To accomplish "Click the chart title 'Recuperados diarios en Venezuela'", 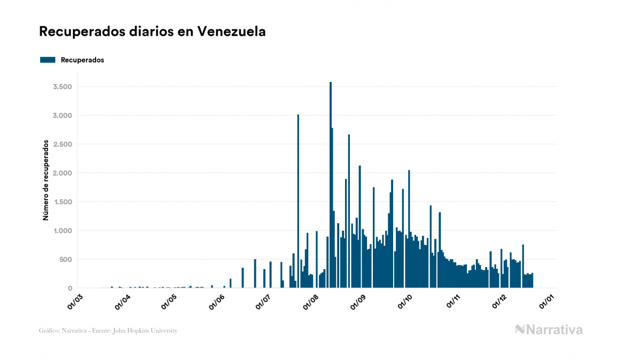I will [x=152, y=32].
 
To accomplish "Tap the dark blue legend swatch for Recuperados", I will [x=48, y=60].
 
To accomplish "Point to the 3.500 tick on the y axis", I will [x=64, y=87].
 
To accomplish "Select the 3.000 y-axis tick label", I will [x=64, y=115].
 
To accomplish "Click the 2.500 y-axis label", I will [x=64, y=144].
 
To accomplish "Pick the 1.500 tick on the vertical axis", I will [x=64, y=202].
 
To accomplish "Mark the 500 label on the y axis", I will [x=67, y=260].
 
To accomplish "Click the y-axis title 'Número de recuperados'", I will [x=46, y=181].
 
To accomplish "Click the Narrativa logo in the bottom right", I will [x=549, y=330].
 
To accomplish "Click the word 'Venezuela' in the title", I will [x=231, y=32].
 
